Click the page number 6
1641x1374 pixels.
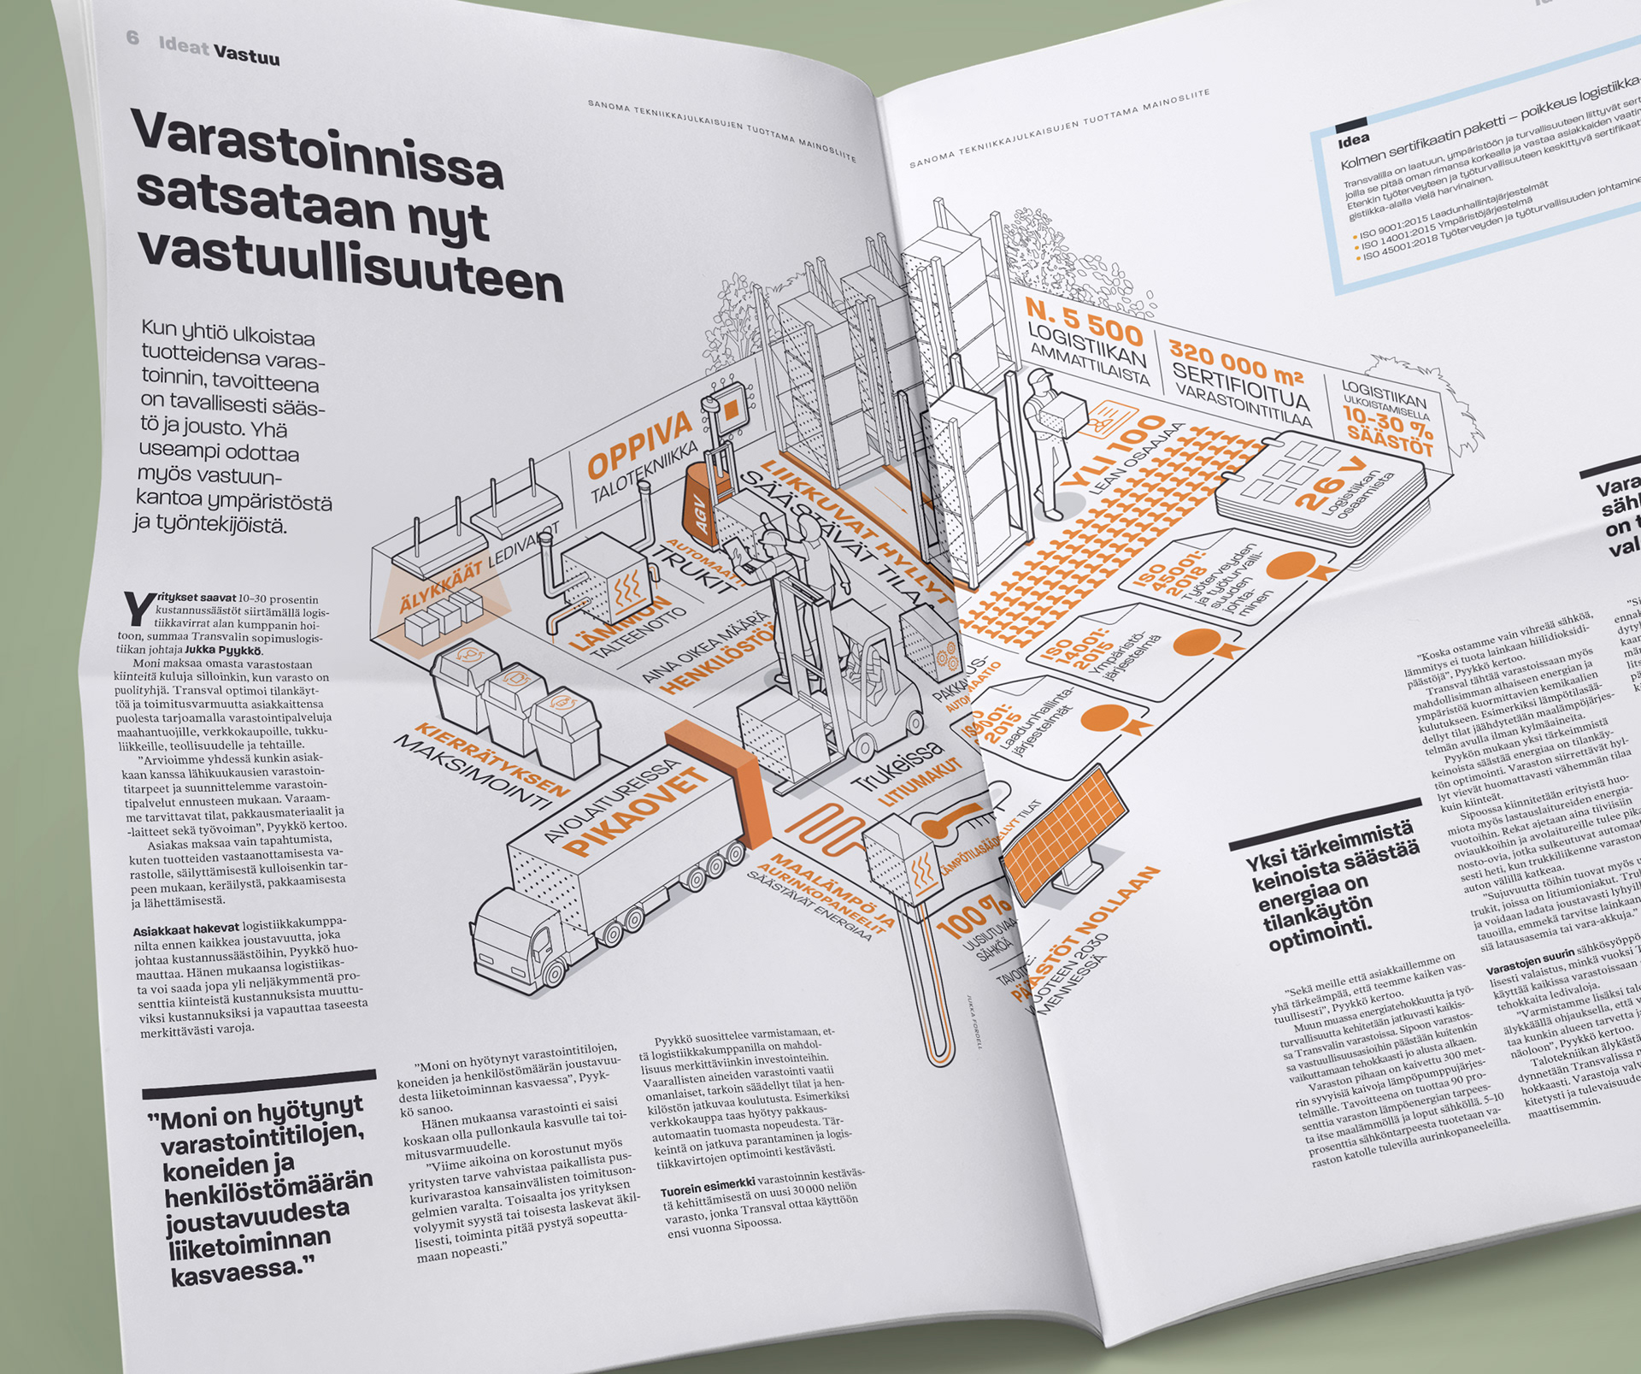point(132,38)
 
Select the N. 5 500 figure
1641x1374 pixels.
point(1084,321)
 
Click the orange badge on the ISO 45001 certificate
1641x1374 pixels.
point(1295,566)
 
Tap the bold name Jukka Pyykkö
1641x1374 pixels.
point(223,650)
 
